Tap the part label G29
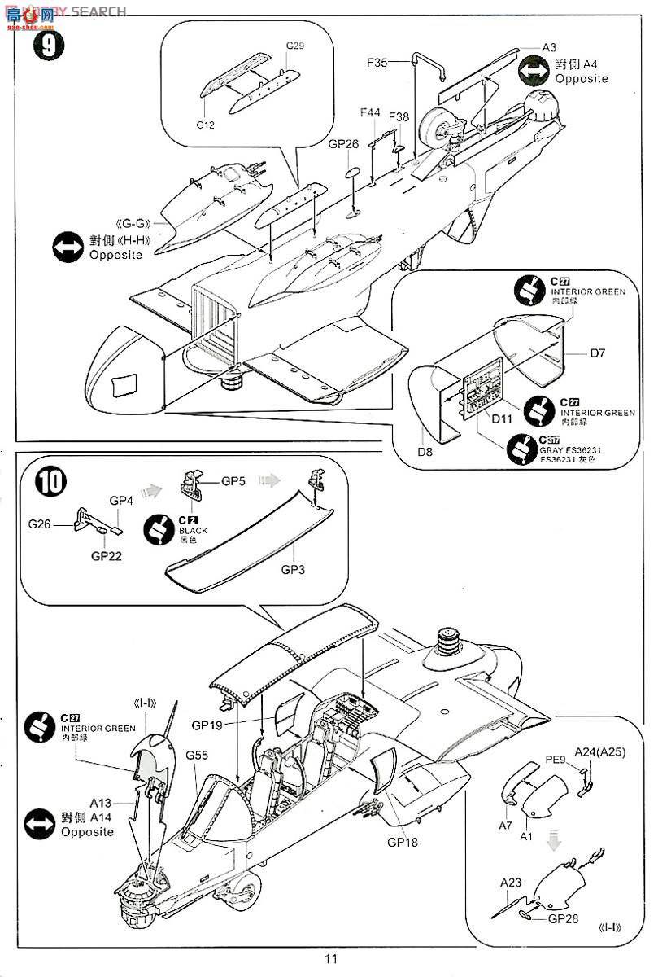click(x=295, y=46)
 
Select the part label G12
click(x=205, y=125)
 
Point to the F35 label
click(x=379, y=61)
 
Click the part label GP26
click(x=343, y=144)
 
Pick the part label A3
click(x=549, y=48)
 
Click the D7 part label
click(x=598, y=353)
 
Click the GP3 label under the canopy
click(x=293, y=569)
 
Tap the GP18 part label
click(x=401, y=842)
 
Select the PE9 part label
click(x=556, y=760)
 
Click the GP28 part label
click(x=563, y=918)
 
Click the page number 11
click(x=330, y=958)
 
